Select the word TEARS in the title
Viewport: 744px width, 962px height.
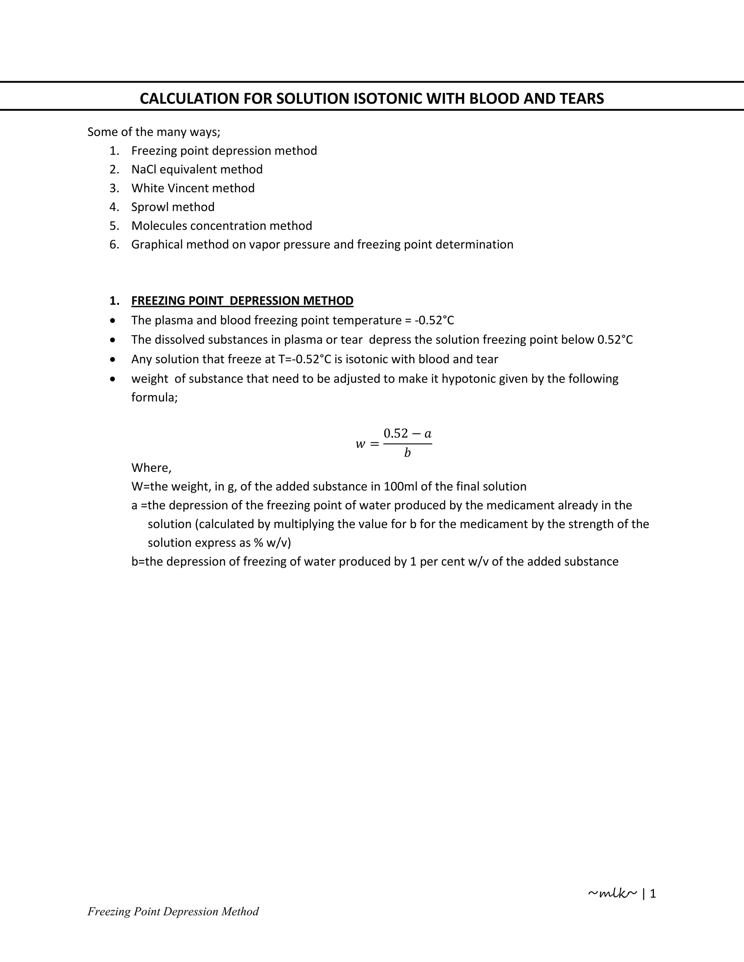pyautogui.click(x=582, y=99)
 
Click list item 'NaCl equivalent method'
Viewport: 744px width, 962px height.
pyautogui.click(x=197, y=170)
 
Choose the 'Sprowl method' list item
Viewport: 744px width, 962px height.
pyautogui.click(x=173, y=207)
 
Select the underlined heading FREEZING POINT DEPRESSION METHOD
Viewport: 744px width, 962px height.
pyautogui.click(x=242, y=301)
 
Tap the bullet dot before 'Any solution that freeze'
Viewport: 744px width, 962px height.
pyautogui.click(x=114, y=359)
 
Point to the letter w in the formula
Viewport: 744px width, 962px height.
pyautogui.click(x=360, y=444)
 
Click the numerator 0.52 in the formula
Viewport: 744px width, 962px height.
pyautogui.click(x=396, y=433)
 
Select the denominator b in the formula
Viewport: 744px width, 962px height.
pyautogui.click(x=407, y=453)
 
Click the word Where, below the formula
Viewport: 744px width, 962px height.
pyautogui.click(x=151, y=468)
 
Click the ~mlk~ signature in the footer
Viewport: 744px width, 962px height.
pyautogui.click(x=612, y=893)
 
